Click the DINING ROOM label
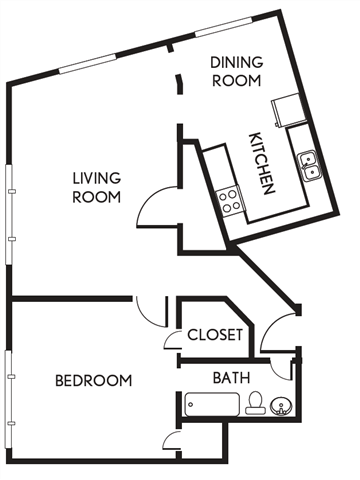coord(235,72)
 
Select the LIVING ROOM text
coord(96,188)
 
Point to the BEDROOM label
coord(93,380)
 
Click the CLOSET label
coord(215,335)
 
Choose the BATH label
coord(233,378)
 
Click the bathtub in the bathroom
coord(212,404)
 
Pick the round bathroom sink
coord(281,406)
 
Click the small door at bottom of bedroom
coord(168,443)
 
